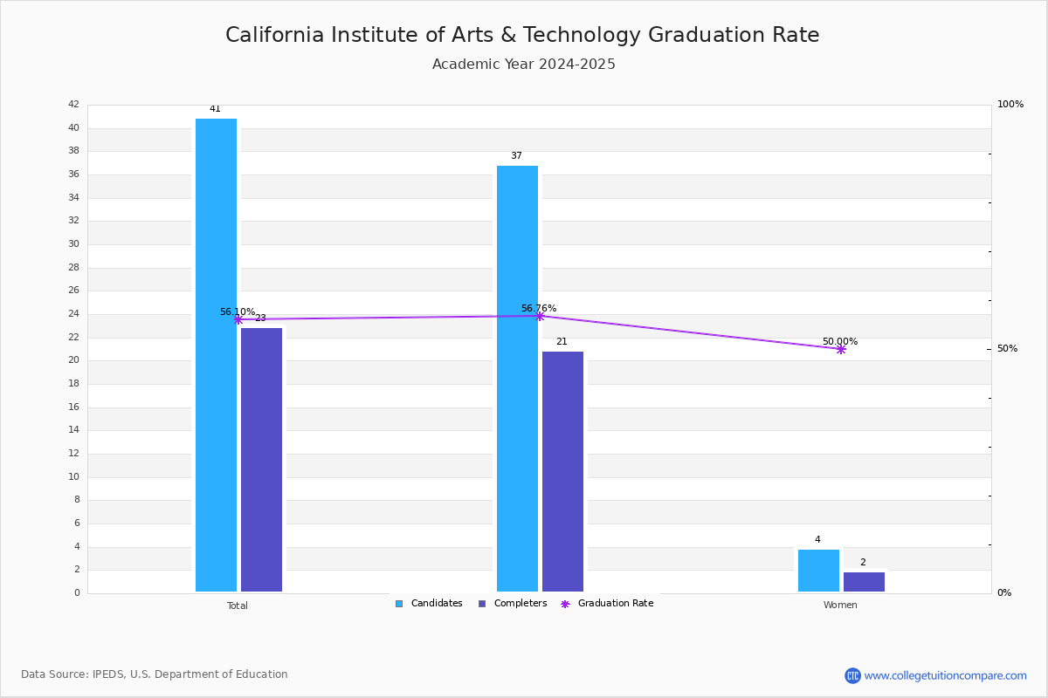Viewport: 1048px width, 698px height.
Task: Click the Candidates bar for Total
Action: click(x=217, y=355)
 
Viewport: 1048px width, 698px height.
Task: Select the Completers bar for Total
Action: click(x=261, y=460)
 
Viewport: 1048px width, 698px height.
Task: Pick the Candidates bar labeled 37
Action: click(x=517, y=379)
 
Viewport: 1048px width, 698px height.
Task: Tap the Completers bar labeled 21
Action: click(x=562, y=471)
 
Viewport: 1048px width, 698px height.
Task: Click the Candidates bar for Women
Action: click(x=819, y=571)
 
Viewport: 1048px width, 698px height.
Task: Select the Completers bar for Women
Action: click(x=864, y=582)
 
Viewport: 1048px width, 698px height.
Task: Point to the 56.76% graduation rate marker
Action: click(x=540, y=317)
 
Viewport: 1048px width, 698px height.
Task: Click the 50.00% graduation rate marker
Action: click(x=841, y=349)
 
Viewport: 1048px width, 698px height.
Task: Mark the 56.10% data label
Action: click(x=238, y=311)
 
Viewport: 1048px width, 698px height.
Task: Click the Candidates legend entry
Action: click(x=429, y=603)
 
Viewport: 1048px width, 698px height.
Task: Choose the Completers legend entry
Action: click(x=513, y=603)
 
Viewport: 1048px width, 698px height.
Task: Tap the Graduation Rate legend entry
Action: click(x=607, y=603)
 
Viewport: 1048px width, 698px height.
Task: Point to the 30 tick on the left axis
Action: click(x=74, y=243)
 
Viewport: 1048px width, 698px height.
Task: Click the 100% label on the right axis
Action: click(x=1010, y=104)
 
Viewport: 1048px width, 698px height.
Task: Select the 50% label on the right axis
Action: click(x=1007, y=348)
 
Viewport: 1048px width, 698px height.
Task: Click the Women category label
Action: click(x=840, y=605)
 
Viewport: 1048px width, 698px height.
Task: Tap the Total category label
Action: click(x=238, y=606)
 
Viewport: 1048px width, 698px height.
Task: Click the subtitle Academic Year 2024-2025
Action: click(x=523, y=64)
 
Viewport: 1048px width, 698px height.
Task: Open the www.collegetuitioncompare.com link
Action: click(x=946, y=675)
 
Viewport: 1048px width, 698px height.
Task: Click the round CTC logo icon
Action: click(x=852, y=675)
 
